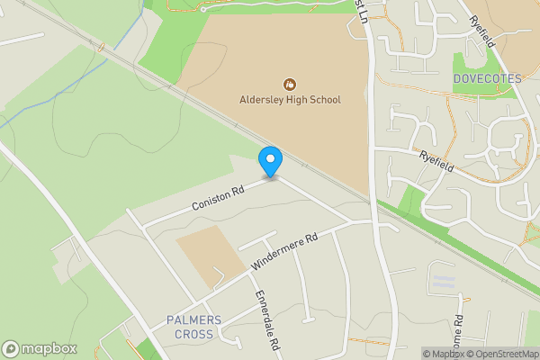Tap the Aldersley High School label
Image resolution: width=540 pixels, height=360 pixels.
pos(290,99)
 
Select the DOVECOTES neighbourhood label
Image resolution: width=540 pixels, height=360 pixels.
pos(488,79)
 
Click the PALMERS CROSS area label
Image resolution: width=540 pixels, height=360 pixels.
pos(190,328)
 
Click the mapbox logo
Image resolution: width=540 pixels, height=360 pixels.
pos(40,349)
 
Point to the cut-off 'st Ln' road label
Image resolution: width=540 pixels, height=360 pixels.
pos(363,13)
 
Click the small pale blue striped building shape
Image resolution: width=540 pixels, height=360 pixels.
pos(444,282)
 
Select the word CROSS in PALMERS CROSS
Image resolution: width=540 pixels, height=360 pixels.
pos(194,334)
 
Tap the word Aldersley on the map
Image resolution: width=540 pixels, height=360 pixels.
pos(261,99)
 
